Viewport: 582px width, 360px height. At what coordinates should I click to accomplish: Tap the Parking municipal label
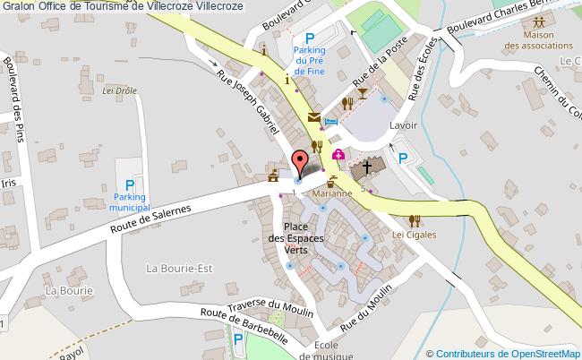130,201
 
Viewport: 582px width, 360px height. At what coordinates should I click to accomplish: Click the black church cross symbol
365,169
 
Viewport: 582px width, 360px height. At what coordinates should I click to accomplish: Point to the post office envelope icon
313,117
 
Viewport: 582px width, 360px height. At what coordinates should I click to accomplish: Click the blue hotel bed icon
331,122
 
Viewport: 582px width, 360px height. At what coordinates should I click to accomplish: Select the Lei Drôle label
118,90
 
